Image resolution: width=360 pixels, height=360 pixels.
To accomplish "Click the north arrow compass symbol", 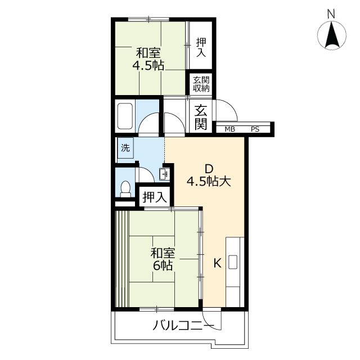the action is [x=332, y=35].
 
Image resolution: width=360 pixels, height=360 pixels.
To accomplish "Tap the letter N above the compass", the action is [x=331, y=14].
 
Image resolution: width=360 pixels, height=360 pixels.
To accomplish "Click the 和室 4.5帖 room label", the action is [x=148, y=59].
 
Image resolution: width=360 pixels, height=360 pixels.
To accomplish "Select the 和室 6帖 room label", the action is [x=163, y=259].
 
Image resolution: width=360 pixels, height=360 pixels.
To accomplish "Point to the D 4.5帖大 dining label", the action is [x=209, y=175].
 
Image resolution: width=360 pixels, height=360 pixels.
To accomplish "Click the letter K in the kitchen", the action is [x=217, y=263].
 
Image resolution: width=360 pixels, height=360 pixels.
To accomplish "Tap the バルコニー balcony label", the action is [x=183, y=326].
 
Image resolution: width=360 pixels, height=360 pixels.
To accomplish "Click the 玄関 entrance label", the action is [x=201, y=118].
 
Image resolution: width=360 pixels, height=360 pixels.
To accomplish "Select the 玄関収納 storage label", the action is [x=201, y=84].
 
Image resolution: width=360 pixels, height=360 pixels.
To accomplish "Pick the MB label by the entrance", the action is [x=230, y=129].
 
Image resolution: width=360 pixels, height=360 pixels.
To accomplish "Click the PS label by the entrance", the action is [x=255, y=129].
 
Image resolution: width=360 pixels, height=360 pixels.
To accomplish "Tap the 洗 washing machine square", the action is [x=125, y=148].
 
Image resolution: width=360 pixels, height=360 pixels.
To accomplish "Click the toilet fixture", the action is [x=125, y=189].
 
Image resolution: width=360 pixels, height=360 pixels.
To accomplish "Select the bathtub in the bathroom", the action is [x=125, y=116].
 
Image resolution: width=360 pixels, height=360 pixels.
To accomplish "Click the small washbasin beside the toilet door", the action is [x=164, y=174].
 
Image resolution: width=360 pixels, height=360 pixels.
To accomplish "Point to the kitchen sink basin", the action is [x=233, y=262].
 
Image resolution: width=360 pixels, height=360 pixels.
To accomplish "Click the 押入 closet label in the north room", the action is [x=201, y=47].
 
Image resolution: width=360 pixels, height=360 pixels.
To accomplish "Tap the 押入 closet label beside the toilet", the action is [x=155, y=197].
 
